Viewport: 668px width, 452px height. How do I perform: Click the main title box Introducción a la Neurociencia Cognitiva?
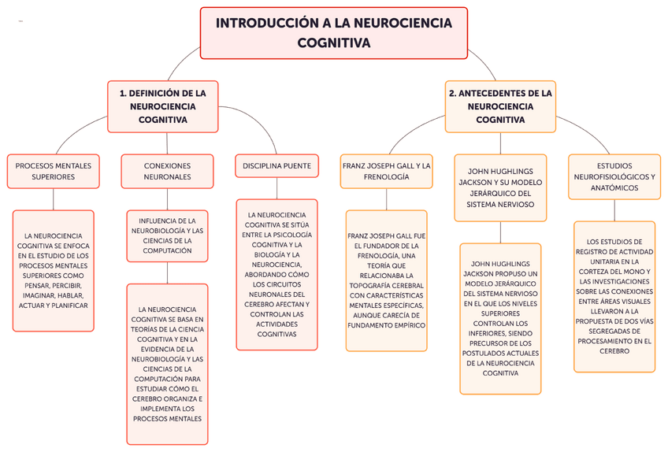point(333,33)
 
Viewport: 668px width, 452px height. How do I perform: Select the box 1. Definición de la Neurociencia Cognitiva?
point(162,106)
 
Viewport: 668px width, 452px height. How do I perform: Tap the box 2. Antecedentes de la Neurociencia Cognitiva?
point(500,106)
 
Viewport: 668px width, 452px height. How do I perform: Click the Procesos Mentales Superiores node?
point(54,171)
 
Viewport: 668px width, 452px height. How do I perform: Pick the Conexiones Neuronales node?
point(167,171)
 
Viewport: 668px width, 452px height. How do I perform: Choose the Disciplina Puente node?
point(276,166)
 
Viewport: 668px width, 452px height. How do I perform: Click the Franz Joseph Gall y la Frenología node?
point(386,171)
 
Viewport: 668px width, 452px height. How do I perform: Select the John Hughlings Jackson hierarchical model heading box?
point(501,187)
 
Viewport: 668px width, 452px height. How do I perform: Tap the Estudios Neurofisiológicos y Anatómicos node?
point(614,176)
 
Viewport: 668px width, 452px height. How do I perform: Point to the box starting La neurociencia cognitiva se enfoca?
point(54,270)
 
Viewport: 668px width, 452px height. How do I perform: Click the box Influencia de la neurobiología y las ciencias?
point(167,235)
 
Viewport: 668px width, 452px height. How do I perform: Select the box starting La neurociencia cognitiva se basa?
point(167,364)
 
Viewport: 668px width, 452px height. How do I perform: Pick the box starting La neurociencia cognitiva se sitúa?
point(276,274)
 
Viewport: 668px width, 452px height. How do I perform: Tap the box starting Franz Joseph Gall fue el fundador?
point(386,280)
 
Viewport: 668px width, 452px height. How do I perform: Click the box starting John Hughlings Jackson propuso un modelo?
point(501,317)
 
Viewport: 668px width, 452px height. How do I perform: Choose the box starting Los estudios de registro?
point(614,296)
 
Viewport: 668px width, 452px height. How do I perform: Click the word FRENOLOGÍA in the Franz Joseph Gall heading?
point(386,177)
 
